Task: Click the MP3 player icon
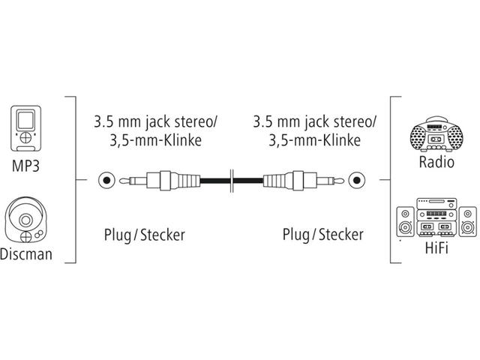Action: pos(27,128)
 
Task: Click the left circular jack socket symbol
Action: pos(107,181)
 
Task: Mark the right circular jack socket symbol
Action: pos(356,181)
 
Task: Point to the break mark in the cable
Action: pos(233,181)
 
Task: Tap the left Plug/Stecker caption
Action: pos(143,235)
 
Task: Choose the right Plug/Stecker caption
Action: pos(322,235)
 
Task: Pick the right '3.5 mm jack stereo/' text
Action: pos(315,121)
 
